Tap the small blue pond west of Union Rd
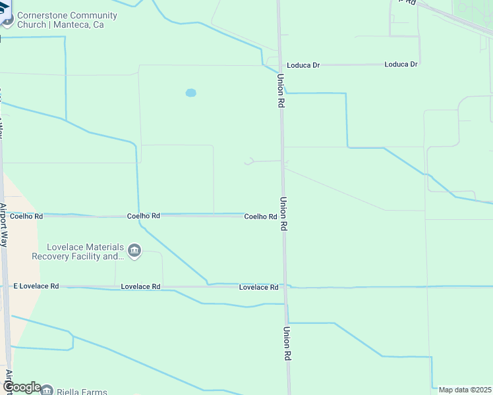[x=190, y=93]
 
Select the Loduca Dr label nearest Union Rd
[x=303, y=65]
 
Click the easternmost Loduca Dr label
[x=401, y=65]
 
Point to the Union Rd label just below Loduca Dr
[x=281, y=91]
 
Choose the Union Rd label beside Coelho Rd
[x=284, y=213]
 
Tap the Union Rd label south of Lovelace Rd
[x=287, y=343]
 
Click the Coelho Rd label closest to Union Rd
[x=260, y=217]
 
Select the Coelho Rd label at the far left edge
[x=26, y=216]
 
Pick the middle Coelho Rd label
[x=143, y=216]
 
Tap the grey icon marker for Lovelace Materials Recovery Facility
[x=134, y=251]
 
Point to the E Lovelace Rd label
[x=36, y=286]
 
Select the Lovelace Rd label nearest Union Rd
[x=258, y=287]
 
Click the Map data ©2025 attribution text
[x=465, y=390]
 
